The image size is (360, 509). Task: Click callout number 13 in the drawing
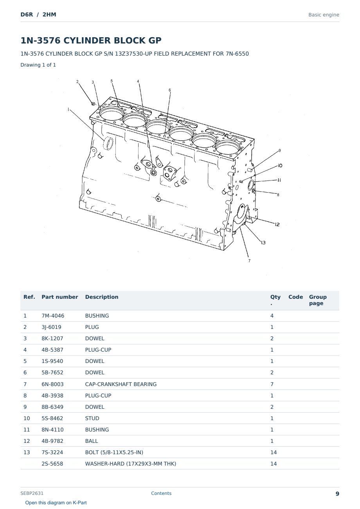(263, 243)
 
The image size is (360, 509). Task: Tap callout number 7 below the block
(249, 261)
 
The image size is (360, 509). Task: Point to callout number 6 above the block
(170, 90)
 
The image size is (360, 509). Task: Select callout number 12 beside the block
(277, 224)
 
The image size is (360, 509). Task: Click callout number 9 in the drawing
(280, 150)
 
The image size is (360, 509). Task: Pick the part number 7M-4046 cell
(53, 316)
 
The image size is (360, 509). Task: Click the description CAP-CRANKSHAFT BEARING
(121, 384)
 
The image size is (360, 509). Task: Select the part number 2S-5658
(52, 464)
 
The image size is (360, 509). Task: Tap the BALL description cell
(92, 441)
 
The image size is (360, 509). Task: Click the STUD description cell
(92, 418)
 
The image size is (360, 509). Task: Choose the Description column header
(102, 297)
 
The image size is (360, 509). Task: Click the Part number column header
(60, 297)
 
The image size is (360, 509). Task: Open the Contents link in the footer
(161, 493)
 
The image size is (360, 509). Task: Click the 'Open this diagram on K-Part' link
(56, 503)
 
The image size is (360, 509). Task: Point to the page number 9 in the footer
(337, 494)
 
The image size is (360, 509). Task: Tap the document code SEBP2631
(32, 493)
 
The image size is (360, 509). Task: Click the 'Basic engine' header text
(324, 15)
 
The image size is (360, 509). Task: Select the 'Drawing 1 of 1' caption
(38, 65)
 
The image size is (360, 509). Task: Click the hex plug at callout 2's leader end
(93, 104)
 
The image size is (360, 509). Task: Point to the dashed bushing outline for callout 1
(108, 143)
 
